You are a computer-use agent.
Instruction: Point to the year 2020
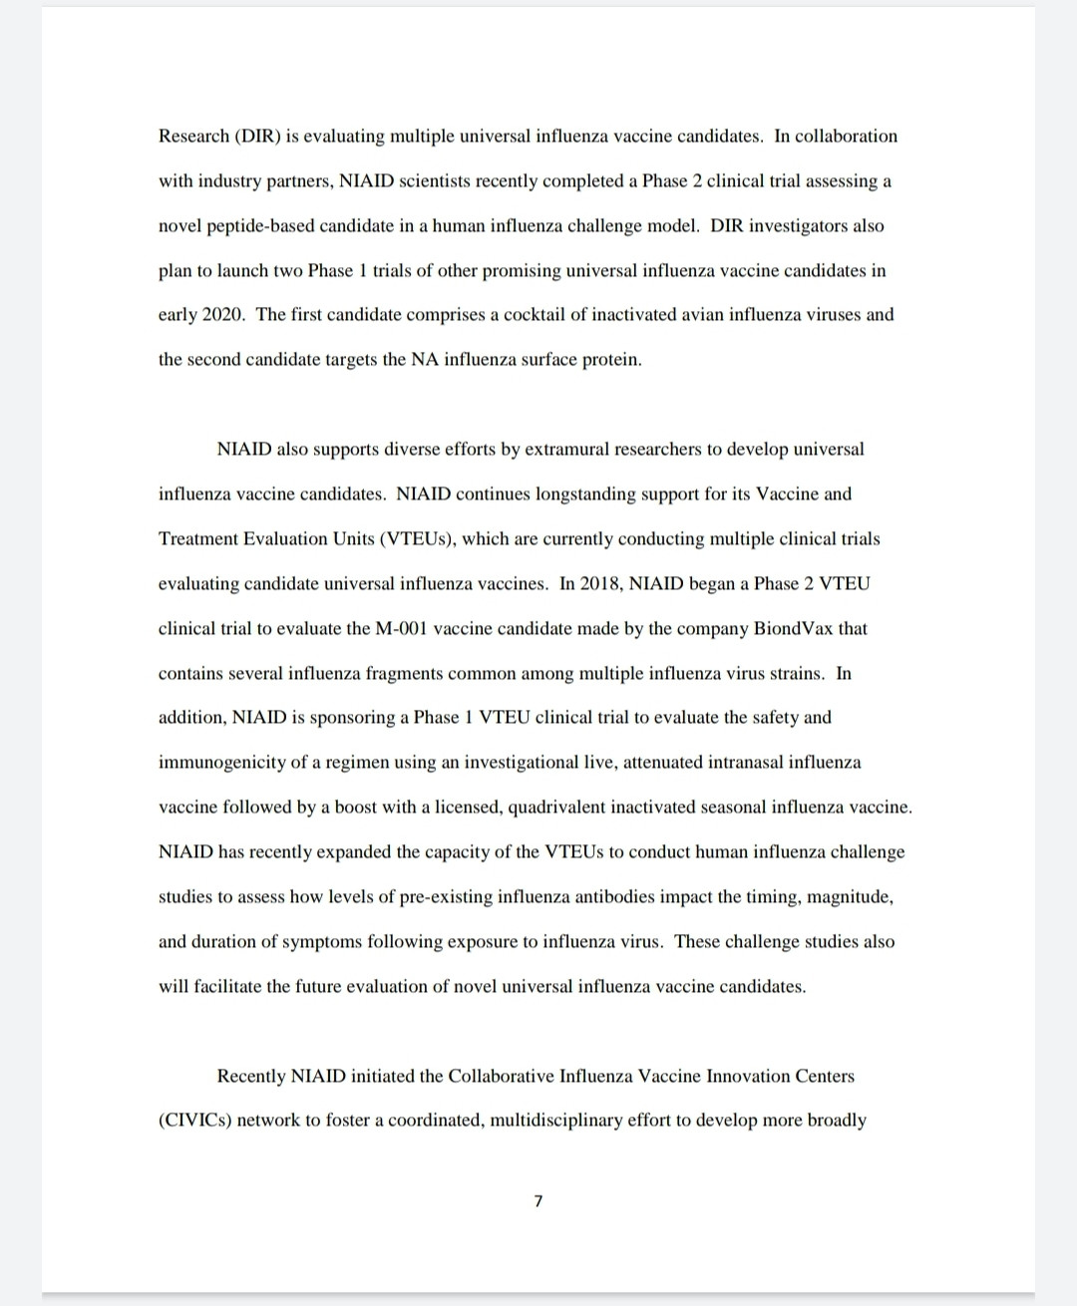coord(223,315)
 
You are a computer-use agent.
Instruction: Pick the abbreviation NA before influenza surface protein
coord(422,360)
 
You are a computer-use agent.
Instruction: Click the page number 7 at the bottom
coord(538,1202)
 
